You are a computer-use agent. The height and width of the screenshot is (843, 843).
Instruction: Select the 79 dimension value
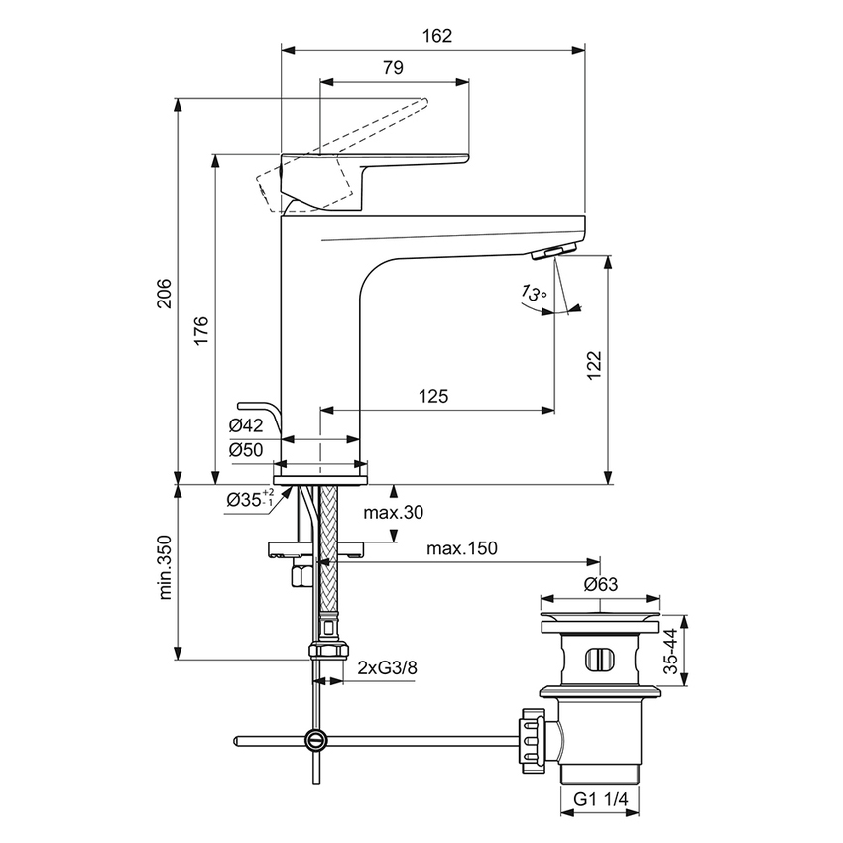pyautogui.click(x=392, y=68)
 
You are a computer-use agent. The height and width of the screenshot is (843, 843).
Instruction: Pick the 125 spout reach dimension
pyautogui.click(x=433, y=396)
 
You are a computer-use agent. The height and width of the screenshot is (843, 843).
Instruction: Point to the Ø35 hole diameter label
pyautogui.click(x=249, y=498)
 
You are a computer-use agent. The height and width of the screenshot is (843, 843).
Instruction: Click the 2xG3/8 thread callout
pyautogui.click(x=387, y=668)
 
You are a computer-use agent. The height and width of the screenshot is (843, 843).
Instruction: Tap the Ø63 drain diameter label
pyautogui.click(x=601, y=584)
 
